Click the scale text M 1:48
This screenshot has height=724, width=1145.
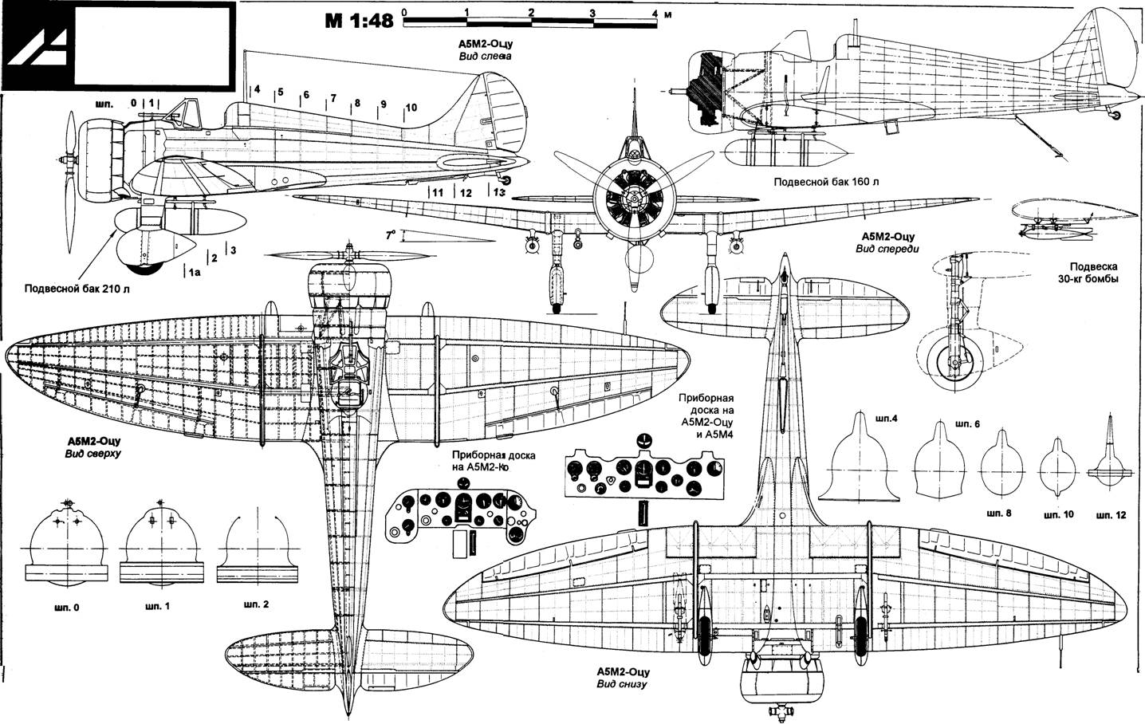point(360,21)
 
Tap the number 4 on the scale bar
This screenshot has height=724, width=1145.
point(655,13)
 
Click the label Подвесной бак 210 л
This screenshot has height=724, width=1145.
point(77,289)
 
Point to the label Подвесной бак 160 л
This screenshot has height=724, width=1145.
point(827,182)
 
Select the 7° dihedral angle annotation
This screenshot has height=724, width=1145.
point(391,235)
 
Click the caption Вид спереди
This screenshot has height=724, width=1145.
point(887,249)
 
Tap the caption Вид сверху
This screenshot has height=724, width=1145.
point(93,454)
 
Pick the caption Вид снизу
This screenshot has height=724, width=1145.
point(622,684)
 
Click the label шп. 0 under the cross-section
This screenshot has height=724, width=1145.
point(66,608)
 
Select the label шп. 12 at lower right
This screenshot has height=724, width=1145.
point(1111,515)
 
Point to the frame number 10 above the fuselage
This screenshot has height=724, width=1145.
point(411,108)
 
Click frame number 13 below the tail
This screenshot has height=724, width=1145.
point(498,193)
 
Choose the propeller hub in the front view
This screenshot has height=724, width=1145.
point(634,198)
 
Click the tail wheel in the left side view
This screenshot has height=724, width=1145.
point(506,179)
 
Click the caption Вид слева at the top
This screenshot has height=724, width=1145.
point(485,57)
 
